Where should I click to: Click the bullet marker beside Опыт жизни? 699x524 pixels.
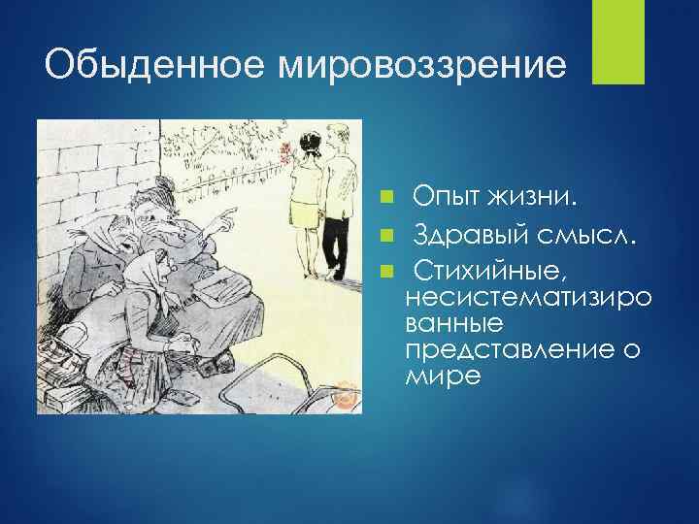pyautogui.click(x=387, y=199)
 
